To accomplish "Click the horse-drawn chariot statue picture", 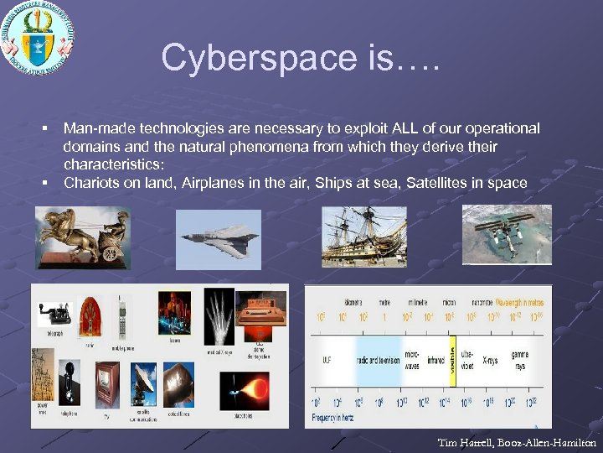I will pos(83,239).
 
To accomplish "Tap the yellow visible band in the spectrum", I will pos(453,362).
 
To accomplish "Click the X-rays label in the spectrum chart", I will pos(490,361).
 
